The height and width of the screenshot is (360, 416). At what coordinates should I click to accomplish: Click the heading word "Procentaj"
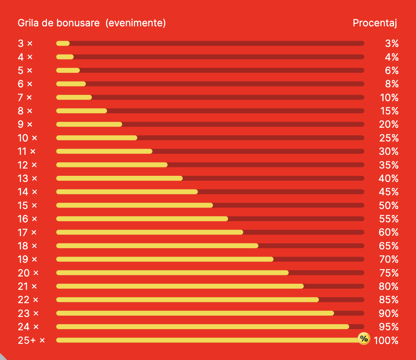click(375, 23)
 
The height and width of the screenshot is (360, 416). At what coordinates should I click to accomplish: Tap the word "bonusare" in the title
click(80, 23)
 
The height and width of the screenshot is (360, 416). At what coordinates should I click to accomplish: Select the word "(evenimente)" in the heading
click(135, 23)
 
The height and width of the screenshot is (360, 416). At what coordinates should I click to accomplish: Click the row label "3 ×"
click(25, 43)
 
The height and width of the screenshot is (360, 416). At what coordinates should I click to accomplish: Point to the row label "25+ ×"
click(31, 340)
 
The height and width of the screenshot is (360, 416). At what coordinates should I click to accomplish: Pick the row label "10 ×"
click(28, 138)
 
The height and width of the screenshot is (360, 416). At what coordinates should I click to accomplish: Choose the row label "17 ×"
click(27, 232)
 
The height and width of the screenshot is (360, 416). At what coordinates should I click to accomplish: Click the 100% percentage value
click(386, 340)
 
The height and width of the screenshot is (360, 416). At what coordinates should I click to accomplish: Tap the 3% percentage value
click(392, 43)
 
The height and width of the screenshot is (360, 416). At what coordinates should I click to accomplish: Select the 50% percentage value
click(389, 206)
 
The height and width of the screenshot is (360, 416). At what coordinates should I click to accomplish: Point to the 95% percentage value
click(389, 327)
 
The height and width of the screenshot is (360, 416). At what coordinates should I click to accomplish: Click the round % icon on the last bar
click(364, 338)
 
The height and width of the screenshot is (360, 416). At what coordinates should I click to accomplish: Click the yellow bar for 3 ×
click(63, 43)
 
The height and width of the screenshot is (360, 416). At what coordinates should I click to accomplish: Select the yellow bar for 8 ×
click(82, 111)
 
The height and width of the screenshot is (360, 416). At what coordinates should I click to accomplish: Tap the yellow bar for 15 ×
click(134, 206)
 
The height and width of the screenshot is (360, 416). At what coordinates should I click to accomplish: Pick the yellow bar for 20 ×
click(172, 273)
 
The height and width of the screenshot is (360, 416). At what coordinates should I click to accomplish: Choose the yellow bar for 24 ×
click(203, 327)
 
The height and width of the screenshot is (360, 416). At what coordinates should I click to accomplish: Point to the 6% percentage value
click(392, 71)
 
